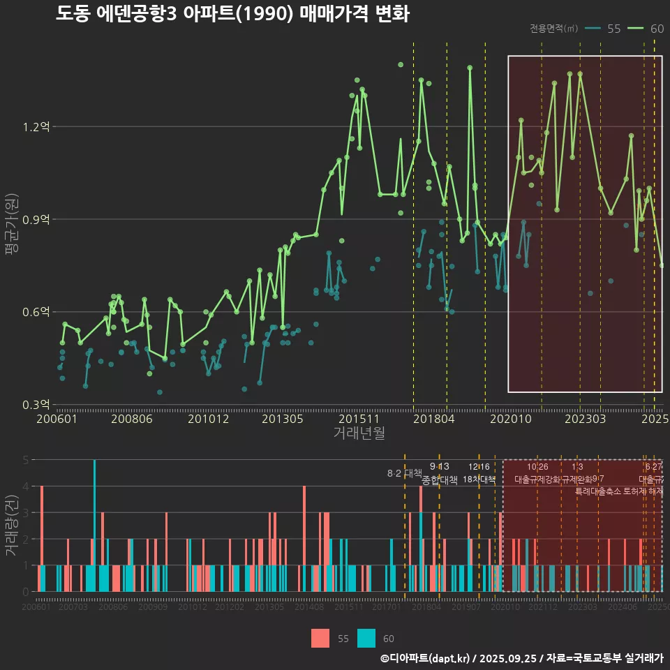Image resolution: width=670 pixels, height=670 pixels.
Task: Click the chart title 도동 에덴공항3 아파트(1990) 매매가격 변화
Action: click(232, 14)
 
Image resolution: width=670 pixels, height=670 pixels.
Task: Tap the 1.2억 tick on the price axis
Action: click(36, 127)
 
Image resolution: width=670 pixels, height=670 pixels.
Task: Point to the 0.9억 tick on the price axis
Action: click(36, 219)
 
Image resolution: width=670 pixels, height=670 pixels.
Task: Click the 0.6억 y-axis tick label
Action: click(36, 311)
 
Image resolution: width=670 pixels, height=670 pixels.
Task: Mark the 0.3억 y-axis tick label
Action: click(36, 404)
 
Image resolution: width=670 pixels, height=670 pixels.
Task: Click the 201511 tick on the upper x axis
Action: click(359, 419)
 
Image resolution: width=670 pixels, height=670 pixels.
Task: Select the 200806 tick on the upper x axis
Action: click(132, 419)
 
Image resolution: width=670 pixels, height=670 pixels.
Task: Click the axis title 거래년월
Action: click(359, 433)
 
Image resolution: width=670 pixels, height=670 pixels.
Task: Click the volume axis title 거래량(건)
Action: click(11, 526)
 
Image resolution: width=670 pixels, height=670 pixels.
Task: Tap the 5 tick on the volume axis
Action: click(25, 460)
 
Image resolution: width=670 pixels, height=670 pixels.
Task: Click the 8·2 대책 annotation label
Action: click(405, 473)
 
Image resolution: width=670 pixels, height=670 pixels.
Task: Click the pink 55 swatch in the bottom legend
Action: click(320, 638)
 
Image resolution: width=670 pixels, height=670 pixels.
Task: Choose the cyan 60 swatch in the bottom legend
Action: click(366, 638)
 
